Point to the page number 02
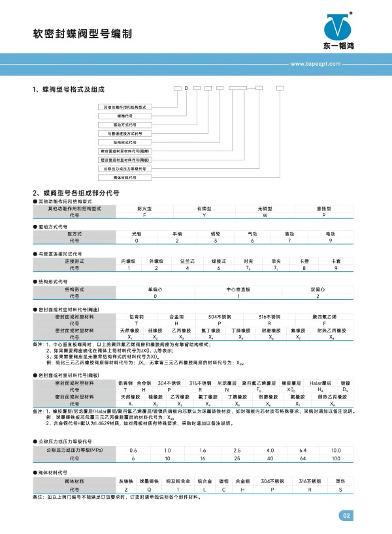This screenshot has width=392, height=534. [346, 516]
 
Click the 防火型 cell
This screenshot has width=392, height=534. [144, 208]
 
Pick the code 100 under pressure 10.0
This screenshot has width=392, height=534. [336, 458]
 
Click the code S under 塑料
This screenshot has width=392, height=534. [340, 488]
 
